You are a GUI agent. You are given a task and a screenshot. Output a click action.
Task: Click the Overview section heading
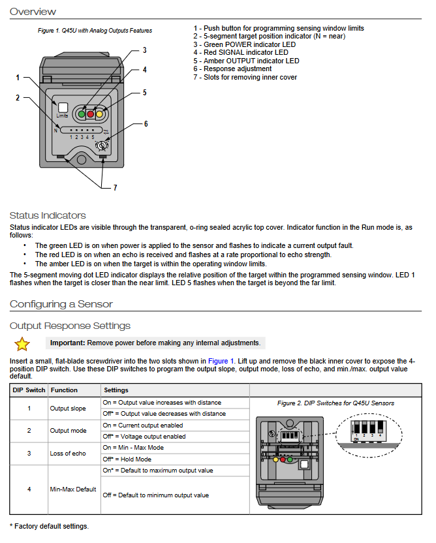point(33,12)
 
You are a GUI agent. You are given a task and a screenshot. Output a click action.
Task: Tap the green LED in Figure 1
point(82,114)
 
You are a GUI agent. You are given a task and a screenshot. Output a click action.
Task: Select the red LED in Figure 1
point(91,114)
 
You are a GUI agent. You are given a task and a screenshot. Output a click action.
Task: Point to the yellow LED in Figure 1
point(100,114)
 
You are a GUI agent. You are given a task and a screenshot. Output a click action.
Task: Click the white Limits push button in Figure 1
point(63,108)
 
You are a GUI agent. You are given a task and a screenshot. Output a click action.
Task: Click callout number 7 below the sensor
point(115,188)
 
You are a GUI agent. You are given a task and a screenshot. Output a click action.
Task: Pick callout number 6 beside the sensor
point(146,124)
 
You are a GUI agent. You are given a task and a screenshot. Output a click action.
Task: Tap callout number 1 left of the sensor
point(18,78)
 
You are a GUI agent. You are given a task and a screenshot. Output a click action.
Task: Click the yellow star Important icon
point(22,343)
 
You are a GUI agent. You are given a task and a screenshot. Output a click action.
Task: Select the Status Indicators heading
point(48,215)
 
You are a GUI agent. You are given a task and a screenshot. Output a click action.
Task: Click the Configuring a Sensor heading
point(61,304)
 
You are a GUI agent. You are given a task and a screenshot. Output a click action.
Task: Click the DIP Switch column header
point(29,390)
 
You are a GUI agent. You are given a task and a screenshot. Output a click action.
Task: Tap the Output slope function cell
point(67,409)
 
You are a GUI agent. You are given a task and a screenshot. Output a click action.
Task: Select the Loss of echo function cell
point(67,454)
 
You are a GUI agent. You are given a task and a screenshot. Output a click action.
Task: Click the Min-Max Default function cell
point(72,489)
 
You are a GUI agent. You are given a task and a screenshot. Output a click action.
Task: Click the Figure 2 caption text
point(335,403)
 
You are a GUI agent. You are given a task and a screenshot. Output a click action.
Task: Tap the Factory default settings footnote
point(49,526)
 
